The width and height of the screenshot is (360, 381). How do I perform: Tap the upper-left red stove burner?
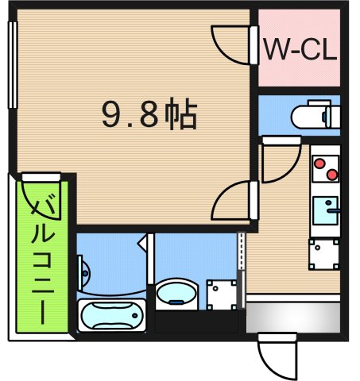tap(319, 165)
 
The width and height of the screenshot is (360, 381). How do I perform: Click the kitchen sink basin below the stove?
tap(325, 211)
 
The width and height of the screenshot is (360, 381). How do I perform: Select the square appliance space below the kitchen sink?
tap(324, 252)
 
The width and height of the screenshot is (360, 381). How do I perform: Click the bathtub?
tap(111, 317)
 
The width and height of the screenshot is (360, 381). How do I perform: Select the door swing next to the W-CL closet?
tap(232, 44)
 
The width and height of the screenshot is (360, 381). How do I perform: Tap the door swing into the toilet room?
tap(275, 163)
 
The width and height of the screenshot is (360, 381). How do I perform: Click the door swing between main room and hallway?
tap(234, 200)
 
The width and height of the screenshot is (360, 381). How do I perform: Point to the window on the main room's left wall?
tap(12, 63)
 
